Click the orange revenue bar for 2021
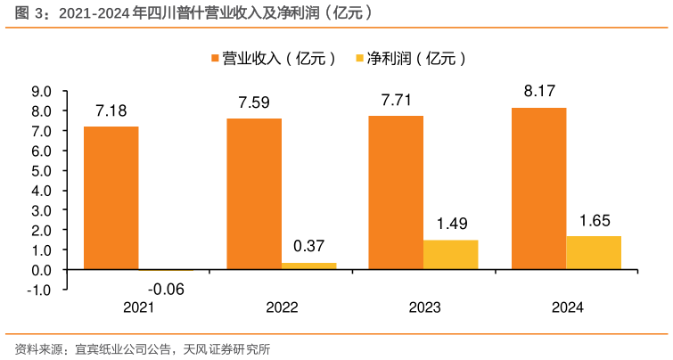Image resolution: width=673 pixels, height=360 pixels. tap(111, 197)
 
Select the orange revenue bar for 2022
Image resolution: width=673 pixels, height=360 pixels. tap(254, 193)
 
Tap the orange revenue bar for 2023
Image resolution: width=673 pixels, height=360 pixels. tap(397, 192)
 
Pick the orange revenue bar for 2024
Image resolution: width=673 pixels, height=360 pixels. tap(539, 188)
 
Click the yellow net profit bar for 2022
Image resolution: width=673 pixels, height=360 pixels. tap(308, 266)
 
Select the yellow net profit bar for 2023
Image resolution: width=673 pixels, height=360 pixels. tap(451, 254)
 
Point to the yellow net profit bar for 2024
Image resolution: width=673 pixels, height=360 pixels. tap(594, 252)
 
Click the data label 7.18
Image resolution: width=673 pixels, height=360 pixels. tap(111, 111)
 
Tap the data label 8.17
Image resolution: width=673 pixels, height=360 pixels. tap(540, 92)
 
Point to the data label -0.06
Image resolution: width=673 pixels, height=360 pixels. tap(166, 288)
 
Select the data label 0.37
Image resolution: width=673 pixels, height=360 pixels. tap(308, 247)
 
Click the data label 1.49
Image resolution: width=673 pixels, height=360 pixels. tap(452, 224)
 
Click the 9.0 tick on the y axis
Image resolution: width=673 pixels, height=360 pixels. tap(42, 91)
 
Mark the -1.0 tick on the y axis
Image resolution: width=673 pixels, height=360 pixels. tap(40, 289)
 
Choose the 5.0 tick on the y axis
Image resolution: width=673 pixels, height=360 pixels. tap(42, 170)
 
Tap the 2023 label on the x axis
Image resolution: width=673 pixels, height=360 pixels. tap(424, 307)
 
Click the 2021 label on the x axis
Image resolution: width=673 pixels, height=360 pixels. tap(139, 307)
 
